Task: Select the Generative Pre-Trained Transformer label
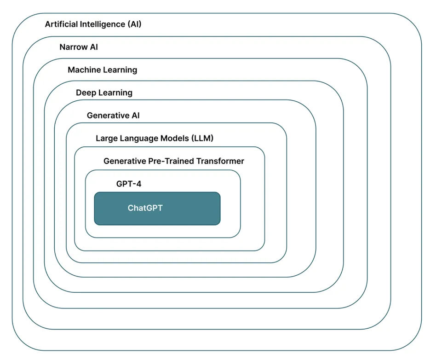174,161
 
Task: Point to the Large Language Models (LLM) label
155,138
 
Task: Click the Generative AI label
113,116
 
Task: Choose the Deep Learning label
104,93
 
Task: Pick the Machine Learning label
102,70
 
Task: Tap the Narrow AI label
79,47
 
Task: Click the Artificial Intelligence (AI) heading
93,24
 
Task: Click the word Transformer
220,161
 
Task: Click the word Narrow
72,47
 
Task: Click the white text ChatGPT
145,208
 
